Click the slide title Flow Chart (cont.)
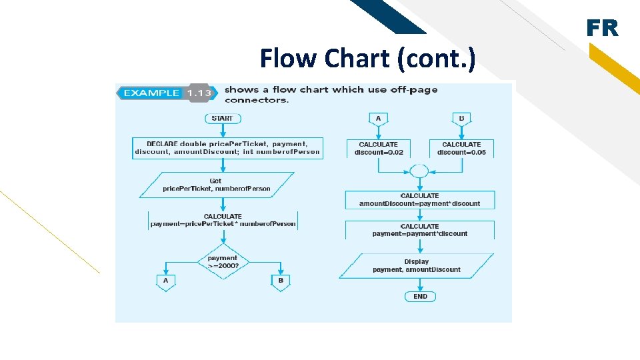pyautogui.click(x=367, y=59)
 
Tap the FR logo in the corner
pyautogui.click(x=602, y=28)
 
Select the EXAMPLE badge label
pyautogui.click(x=151, y=93)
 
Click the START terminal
pyautogui.click(x=222, y=119)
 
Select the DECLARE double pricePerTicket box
pyautogui.click(x=227, y=148)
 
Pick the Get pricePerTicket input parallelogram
pyautogui.click(x=217, y=185)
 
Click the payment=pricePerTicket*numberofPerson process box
pyautogui.click(x=223, y=221)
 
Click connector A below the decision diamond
pyautogui.click(x=166, y=281)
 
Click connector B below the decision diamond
pyautogui.click(x=281, y=281)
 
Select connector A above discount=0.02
pyautogui.click(x=378, y=119)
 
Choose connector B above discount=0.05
pyautogui.click(x=461, y=119)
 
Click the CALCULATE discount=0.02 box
pyautogui.click(x=378, y=148)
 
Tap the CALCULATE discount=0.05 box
pyautogui.click(x=461, y=148)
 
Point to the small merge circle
pyautogui.click(x=419, y=171)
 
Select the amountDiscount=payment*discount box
pyautogui.click(x=419, y=200)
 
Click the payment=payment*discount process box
pyautogui.click(x=419, y=230)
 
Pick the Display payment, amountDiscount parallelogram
pyautogui.click(x=417, y=265)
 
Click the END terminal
pyautogui.click(x=420, y=297)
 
